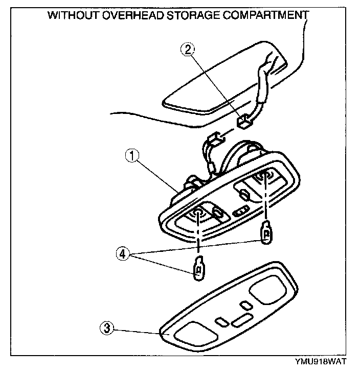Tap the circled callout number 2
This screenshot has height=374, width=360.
coord(189,49)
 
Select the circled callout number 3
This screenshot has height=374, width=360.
coord(106,329)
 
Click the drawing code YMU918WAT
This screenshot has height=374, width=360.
coord(319,362)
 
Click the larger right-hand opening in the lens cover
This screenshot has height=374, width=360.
coord(269,292)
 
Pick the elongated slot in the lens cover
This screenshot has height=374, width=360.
coord(241,321)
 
